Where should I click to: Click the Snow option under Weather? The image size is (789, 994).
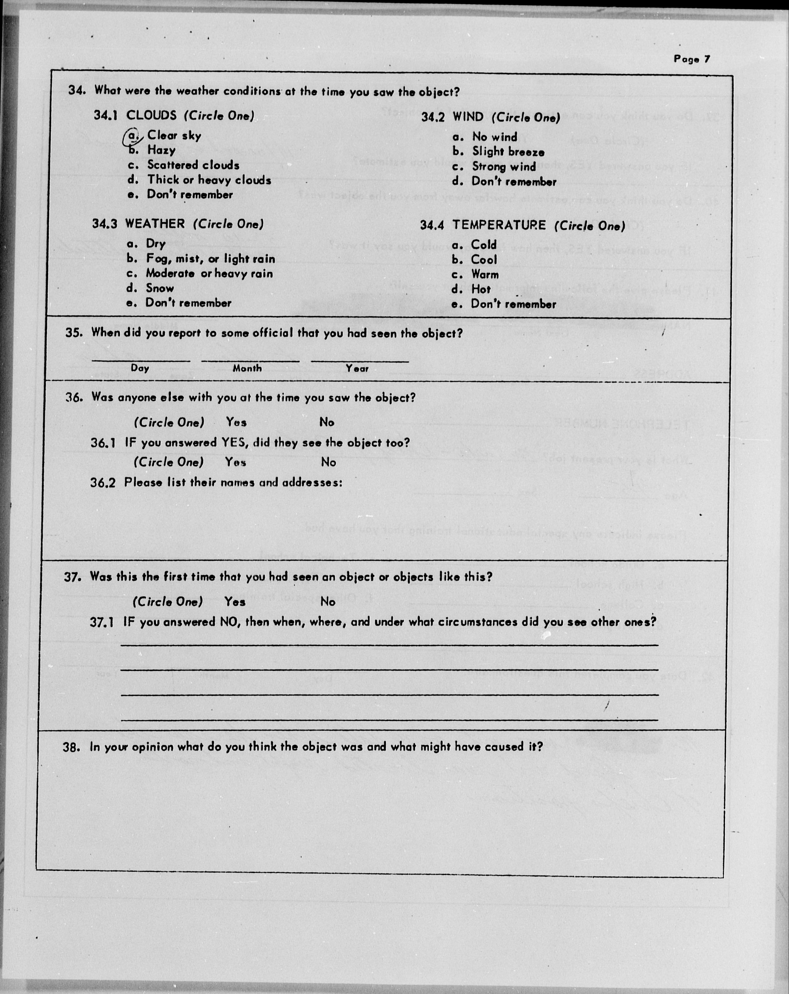160,288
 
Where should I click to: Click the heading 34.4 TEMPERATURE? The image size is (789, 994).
522,225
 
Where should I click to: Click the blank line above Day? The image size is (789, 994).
141,359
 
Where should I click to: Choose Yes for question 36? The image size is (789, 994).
236,422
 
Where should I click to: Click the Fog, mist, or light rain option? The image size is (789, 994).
210,259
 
